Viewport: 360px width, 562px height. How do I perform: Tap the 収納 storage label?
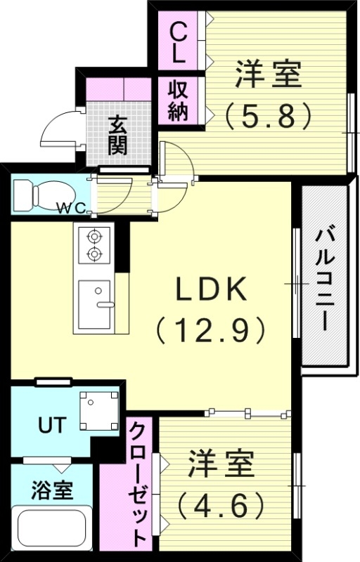178,101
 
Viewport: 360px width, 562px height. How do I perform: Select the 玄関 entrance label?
117,135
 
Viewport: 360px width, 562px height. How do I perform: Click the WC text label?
71,207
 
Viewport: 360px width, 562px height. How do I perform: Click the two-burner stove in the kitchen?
93,245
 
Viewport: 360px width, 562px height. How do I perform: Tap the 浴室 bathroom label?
52,490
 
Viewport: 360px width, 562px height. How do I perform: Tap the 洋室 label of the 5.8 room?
268,74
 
